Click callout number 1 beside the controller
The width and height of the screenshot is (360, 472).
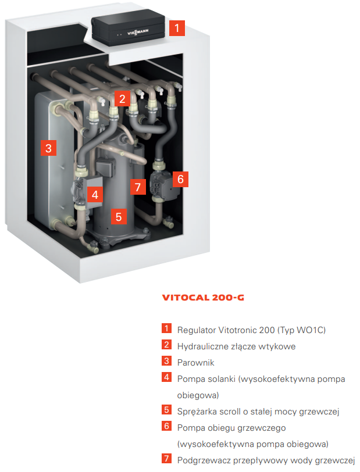tap(177, 28)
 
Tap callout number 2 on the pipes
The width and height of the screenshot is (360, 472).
tap(122, 98)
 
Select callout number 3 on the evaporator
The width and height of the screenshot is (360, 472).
tap(48, 148)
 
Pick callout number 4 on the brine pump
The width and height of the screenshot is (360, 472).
tap(95, 195)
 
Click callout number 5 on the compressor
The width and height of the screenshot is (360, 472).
tap(119, 216)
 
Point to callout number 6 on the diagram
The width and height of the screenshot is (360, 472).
tap(180, 179)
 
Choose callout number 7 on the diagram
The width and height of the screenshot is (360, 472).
tap(138, 187)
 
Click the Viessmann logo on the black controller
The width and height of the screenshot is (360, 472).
tap(138, 32)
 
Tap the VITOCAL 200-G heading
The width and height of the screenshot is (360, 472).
tap(203, 298)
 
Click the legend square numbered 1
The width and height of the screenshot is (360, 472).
tap(166, 328)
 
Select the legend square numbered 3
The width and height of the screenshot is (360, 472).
tap(166, 360)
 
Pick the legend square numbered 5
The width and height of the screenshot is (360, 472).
tap(166, 410)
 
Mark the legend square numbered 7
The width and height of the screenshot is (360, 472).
tap(166, 459)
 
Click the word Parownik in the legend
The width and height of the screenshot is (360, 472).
tap(195, 363)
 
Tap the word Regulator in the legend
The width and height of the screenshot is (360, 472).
tap(196, 330)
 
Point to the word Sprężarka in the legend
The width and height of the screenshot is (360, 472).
tap(197, 412)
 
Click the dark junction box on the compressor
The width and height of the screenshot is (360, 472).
tap(105, 166)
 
